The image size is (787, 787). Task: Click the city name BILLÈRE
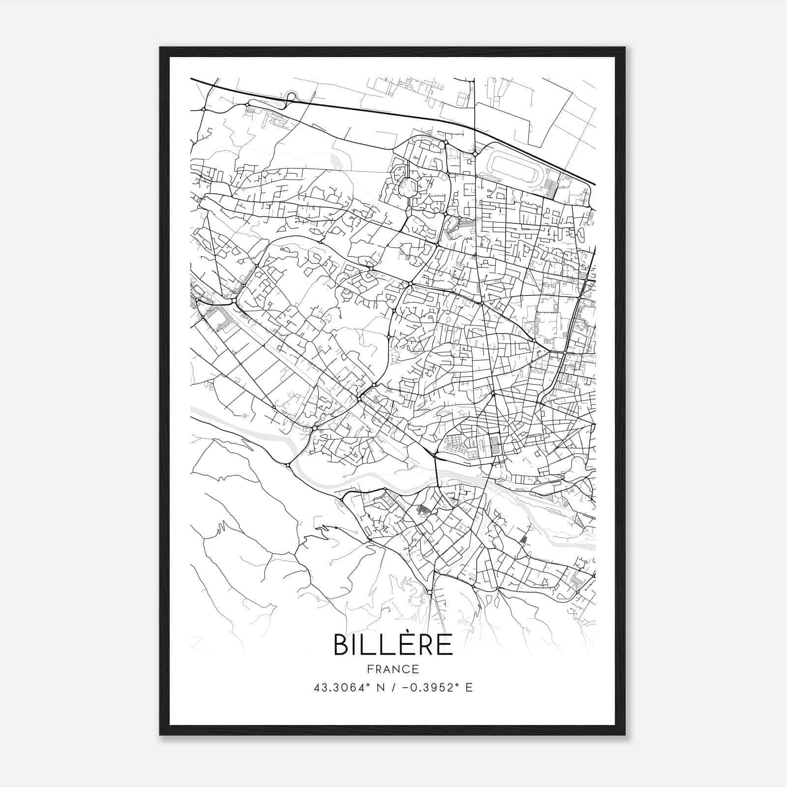coord(393,644)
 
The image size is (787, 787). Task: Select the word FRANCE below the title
coord(393,669)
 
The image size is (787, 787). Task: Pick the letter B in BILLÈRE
coord(341,644)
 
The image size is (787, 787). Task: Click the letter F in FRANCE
coord(370,669)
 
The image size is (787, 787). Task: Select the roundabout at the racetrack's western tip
coord(475,154)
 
